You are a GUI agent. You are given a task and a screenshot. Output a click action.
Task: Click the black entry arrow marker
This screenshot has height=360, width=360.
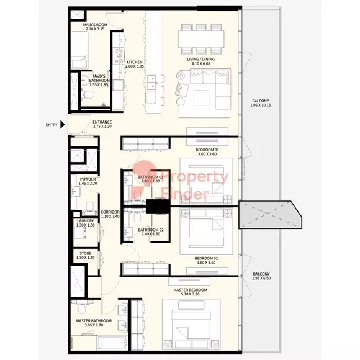click(62, 125)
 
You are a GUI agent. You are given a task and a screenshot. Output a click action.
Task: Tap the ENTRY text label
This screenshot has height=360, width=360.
click(52, 125)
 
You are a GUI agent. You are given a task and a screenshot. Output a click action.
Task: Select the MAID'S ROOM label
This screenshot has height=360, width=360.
click(95, 25)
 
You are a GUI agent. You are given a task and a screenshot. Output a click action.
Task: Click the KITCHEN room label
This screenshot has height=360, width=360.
click(135, 62)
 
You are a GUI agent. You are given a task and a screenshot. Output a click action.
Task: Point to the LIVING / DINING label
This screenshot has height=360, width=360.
click(201, 59)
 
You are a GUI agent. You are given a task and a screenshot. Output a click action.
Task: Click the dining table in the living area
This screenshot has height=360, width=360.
click(201, 39)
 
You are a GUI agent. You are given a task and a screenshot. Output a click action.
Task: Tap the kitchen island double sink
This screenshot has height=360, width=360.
click(152, 82)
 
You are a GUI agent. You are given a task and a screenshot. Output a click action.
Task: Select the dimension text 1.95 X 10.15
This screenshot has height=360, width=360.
click(261, 105)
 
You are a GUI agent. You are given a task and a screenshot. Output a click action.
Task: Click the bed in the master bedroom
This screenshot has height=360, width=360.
click(191, 324)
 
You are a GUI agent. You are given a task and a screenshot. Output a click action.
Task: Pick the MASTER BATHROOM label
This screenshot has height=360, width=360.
click(94, 321)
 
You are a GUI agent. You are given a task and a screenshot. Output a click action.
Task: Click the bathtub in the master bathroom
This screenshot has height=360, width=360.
click(112, 343)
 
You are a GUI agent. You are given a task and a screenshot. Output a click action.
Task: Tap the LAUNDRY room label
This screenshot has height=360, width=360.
click(86, 221)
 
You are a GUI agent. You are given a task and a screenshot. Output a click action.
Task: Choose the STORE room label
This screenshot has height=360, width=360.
click(86, 253)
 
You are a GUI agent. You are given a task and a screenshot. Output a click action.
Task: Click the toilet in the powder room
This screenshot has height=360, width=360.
click(90, 206)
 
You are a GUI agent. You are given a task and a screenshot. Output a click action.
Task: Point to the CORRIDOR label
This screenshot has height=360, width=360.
click(110, 212)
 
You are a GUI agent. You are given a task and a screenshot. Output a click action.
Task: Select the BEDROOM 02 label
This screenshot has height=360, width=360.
click(206, 258)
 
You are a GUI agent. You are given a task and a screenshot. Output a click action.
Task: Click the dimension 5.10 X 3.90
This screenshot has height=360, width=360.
click(190, 294)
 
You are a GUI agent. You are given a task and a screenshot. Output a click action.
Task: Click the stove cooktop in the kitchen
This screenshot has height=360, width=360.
click(118, 56)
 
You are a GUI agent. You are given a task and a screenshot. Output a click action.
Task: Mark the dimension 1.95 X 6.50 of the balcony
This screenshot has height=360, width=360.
click(261, 278)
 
